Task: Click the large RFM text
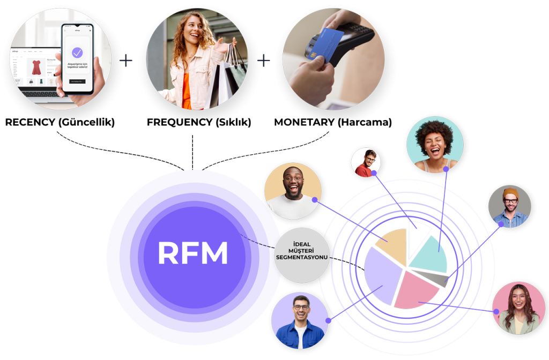click(192, 253)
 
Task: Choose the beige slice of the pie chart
click(392, 244)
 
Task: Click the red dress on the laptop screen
click(36, 67)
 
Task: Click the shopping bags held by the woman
click(228, 75)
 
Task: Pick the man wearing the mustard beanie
click(509, 206)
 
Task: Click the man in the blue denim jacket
click(300, 320)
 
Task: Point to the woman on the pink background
click(518, 309)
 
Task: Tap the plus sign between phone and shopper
click(126, 60)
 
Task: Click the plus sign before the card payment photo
click(264, 60)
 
